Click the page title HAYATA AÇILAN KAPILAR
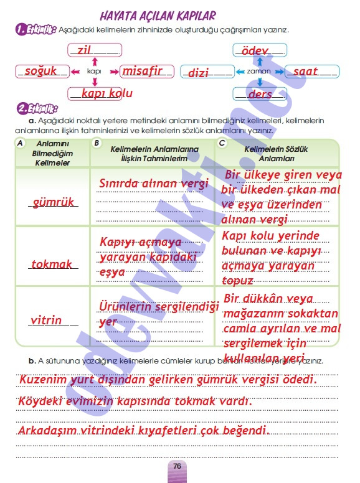(x=158, y=16)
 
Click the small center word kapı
(x=94, y=72)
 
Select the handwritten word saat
(x=305, y=72)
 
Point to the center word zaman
(x=259, y=72)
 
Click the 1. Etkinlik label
(x=36, y=29)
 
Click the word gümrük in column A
(x=53, y=202)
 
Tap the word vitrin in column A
(x=47, y=320)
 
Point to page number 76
(x=178, y=467)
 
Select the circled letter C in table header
(x=222, y=143)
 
